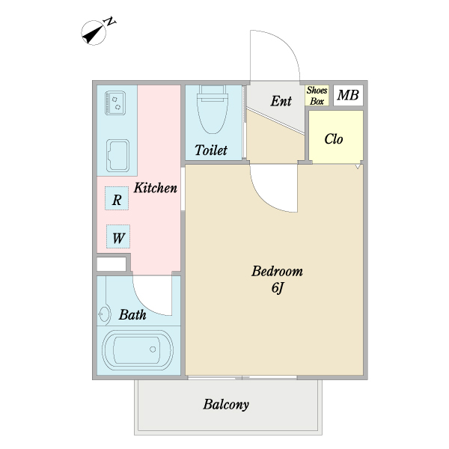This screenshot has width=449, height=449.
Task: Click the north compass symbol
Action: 94,33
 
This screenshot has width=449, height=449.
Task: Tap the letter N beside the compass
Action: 110,22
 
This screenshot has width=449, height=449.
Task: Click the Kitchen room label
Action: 156,188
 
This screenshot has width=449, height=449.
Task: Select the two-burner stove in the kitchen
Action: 115,103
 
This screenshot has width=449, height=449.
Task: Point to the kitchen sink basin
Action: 117,156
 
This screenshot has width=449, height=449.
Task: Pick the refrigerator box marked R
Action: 117,198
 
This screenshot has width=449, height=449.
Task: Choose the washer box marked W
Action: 118,236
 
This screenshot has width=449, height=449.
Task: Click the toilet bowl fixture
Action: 213,110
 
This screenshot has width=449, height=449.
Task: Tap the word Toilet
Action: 211,150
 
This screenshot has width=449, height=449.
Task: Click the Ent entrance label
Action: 281,101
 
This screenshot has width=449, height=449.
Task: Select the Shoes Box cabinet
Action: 317,95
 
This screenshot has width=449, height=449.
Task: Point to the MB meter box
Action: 348,95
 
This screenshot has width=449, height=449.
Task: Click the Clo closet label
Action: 334,139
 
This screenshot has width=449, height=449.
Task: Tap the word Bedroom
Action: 277,271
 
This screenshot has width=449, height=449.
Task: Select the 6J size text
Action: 277,287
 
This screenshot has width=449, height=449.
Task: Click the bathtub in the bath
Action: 138,350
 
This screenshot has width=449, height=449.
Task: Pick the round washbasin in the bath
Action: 105,314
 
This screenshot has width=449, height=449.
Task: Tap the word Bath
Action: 132,315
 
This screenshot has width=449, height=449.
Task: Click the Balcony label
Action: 226,405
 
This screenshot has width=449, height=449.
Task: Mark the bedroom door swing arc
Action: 264,200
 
